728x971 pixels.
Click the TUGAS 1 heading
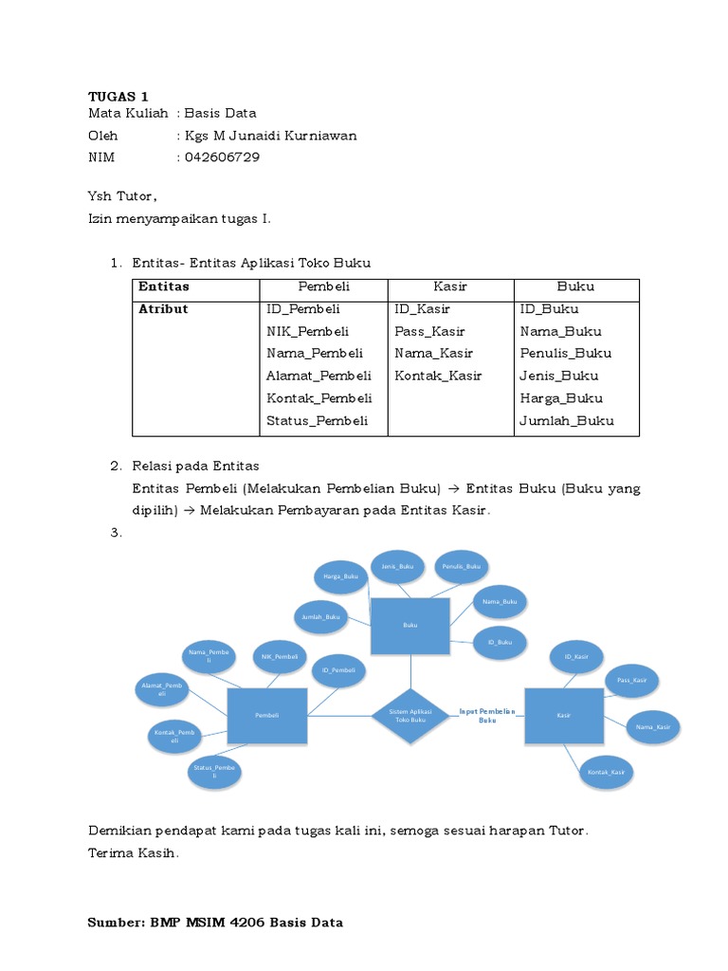[x=118, y=96]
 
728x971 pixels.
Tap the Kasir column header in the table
[x=450, y=286]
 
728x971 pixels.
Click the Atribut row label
[x=163, y=309]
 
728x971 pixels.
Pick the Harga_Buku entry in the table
[x=561, y=398]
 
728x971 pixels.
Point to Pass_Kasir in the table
[x=429, y=331]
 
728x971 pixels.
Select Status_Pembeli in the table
[x=317, y=420]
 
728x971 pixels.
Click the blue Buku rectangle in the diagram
[x=410, y=625]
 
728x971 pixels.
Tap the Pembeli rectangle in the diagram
[x=267, y=715]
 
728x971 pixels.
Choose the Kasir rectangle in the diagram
[x=563, y=715]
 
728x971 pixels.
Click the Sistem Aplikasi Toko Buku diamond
[x=410, y=716]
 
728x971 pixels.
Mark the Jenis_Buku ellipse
[x=397, y=567]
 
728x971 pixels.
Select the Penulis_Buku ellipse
[x=461, y=567]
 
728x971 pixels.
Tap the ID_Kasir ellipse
[x=576, y=656]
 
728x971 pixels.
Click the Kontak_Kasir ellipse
[x=606, y=772]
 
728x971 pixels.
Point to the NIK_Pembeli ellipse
[x=280, y=656]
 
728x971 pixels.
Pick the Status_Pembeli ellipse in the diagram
[x=214, y=771]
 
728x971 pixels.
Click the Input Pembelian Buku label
[x=487, y=715]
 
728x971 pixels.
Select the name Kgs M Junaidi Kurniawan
[x=271, y=135]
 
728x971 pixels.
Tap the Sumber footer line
[x=215, y=922]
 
